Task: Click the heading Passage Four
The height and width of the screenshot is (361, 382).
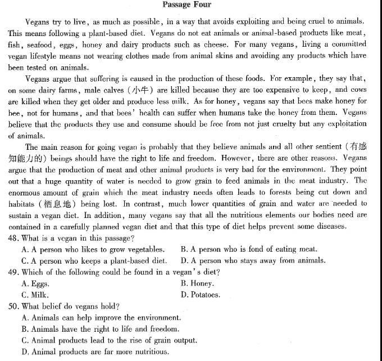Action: pos(187,5)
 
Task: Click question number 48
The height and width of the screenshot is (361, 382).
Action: pos(13,238)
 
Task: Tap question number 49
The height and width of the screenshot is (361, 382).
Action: pos(13,272)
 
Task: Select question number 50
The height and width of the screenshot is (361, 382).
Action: pos(13,306)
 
